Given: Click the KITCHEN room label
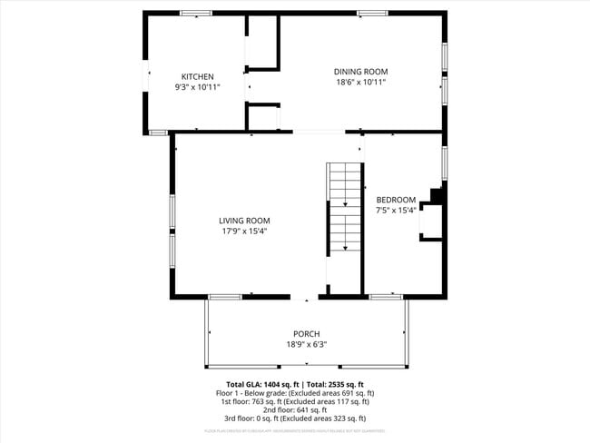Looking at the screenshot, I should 197,76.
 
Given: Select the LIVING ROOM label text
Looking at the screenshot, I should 244,221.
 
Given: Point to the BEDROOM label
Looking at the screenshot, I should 396,200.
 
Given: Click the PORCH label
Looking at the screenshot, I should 306,334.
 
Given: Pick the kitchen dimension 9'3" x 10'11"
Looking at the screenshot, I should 197,87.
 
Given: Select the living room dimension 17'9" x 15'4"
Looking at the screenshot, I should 244,231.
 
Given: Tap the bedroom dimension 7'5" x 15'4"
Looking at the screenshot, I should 396,210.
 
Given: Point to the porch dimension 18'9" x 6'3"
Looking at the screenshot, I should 306,344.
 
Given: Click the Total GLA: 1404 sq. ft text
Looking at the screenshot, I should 262,384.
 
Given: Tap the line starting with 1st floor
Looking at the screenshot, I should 295,401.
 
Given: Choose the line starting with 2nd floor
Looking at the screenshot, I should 295,409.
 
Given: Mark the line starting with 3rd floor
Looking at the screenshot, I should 295,418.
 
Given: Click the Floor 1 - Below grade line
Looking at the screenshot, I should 295,392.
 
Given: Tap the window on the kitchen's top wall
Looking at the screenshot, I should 195,13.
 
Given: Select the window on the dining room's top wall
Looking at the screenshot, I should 371,13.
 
